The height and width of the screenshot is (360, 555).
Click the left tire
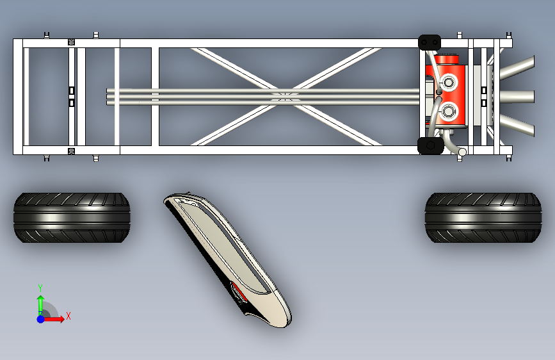72,218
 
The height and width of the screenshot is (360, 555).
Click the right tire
483,218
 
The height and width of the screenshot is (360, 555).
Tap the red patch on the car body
239,291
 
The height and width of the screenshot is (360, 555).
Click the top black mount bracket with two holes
430,42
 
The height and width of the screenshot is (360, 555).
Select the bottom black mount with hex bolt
430,146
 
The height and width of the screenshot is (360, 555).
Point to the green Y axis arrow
40,302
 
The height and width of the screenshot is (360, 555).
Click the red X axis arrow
55,318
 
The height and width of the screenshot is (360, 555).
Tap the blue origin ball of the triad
40,318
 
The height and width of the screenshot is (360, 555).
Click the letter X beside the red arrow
68,316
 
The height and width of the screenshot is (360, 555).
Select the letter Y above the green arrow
40,288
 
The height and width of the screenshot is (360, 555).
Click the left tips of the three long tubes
108,96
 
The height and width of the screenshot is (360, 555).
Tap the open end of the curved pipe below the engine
462,152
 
